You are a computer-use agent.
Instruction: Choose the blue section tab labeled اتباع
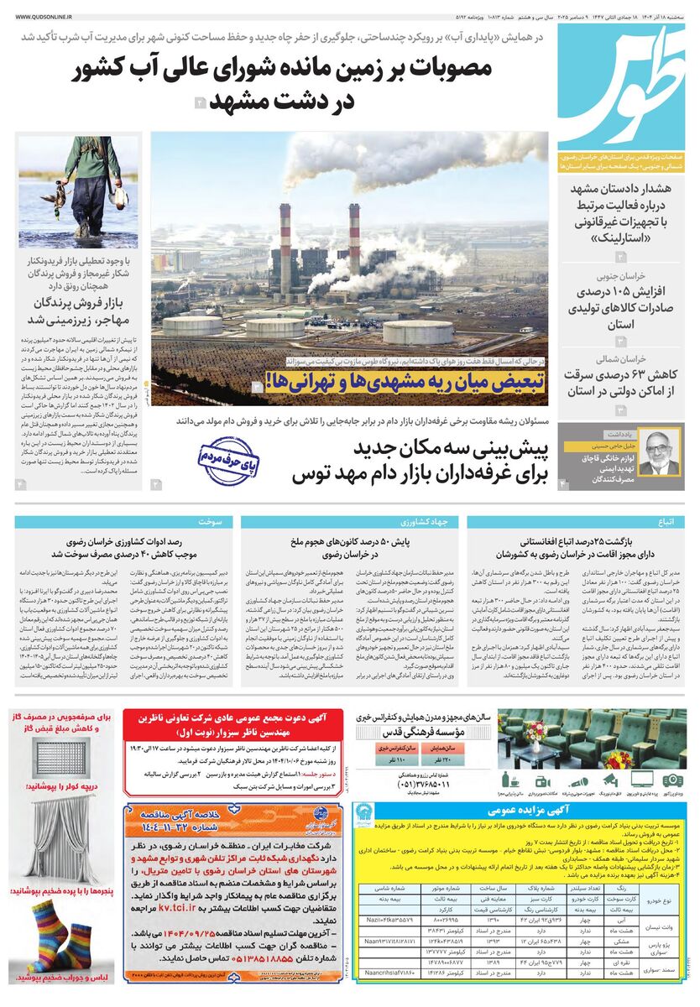point(666,522)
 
